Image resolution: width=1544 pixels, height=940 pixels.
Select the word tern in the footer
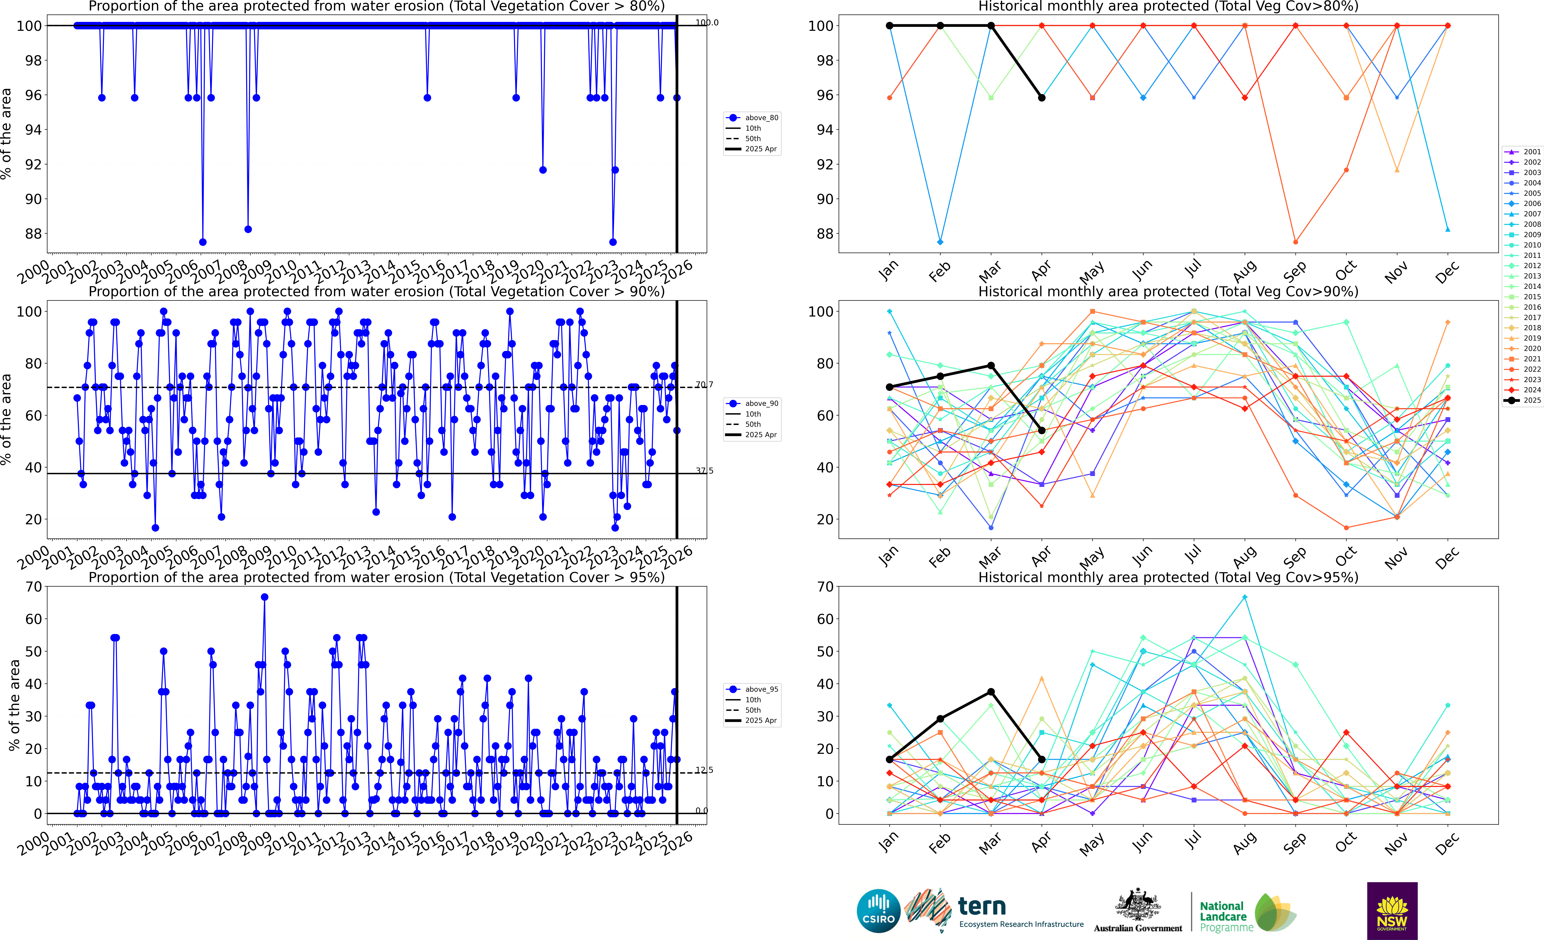click(982, 906)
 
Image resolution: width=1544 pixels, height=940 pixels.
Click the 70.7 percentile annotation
click(704, 385)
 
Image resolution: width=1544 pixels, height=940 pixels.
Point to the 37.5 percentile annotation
click(704, 471)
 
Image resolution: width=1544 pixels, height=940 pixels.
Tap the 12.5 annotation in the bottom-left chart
click(704, 770)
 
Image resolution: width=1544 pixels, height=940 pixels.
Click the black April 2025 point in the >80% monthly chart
click(1041, 98)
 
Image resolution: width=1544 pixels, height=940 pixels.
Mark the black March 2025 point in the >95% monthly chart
click(991, 692)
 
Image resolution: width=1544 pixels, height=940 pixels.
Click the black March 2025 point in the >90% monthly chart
click(991, 365)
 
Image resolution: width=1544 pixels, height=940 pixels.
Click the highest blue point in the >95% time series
click(264, 597)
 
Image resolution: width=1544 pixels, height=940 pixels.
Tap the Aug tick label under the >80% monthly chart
click(1244, 271)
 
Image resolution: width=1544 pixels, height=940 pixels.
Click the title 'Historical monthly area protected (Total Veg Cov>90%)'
click(1168, 291)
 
